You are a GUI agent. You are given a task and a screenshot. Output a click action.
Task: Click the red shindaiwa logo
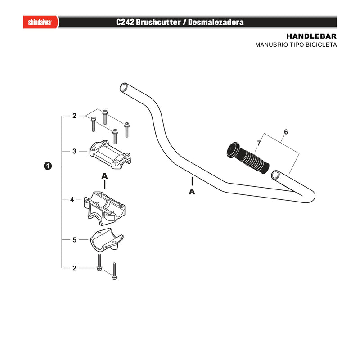(x=40, y=22)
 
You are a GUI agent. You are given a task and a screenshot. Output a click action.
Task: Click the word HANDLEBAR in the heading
(x=311, y=36)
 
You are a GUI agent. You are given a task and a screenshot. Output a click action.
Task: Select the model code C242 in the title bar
(x=125, y=22)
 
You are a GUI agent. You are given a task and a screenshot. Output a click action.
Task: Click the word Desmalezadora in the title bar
(x=216, y=22)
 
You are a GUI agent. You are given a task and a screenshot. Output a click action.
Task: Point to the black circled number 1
(x=48, y=166)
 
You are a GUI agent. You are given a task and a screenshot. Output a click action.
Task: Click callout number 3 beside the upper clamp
(x=74, y=152)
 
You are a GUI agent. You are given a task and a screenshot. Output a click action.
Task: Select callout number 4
(x=72, y=200)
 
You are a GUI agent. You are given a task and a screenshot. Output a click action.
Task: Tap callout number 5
(x=74, y=240)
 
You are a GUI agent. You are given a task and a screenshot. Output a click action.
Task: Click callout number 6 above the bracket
(x=286, y=132)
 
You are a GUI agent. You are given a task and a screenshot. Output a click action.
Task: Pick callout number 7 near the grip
(x=259, y=143)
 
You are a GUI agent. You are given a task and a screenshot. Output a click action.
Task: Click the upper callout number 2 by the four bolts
(x=74, y=116)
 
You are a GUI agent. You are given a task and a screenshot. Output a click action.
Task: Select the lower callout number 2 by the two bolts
(x=74, y=268)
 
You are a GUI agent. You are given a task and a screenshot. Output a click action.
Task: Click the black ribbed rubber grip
(x=248, y=158)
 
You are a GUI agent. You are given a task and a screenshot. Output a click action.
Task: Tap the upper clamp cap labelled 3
(x=110, y=154)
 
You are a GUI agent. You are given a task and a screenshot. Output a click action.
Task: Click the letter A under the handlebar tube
(x=192, y=192)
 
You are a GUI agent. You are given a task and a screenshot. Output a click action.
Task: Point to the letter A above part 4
(x=104, y=176)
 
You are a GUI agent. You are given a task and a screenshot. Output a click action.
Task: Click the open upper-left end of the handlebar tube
(x=124, y=88)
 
